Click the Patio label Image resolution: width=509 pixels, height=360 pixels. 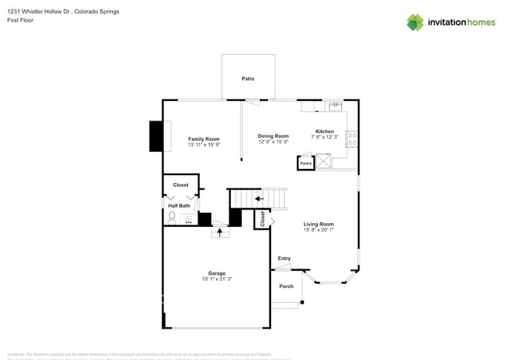tap(247, 79)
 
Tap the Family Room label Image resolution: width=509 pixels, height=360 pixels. tap(204, 139)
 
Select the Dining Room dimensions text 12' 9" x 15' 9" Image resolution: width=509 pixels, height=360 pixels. tap(273, 142)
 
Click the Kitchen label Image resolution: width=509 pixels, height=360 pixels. tap(324, 131)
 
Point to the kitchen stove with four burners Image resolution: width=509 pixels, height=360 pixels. tap(352, 140)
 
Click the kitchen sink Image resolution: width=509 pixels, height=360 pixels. tap(334, 105)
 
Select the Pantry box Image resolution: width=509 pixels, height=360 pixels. tap(305, 163)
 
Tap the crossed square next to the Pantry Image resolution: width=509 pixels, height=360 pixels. tap(322, 162)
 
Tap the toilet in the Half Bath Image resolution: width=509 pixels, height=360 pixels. tap(172, 217)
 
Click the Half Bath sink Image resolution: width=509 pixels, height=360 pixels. tap(189, 220)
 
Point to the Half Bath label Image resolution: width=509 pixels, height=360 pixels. tap(179, 206)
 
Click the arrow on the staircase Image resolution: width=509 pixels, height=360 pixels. tap(258, 199)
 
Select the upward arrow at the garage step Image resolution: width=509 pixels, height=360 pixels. tap(220, 231)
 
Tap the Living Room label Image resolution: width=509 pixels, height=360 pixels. tap(319, 224)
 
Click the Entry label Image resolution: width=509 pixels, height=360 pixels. tap(283, 258)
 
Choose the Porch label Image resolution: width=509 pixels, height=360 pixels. tap(287, 286)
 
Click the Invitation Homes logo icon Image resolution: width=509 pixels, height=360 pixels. tap(415, 22)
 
